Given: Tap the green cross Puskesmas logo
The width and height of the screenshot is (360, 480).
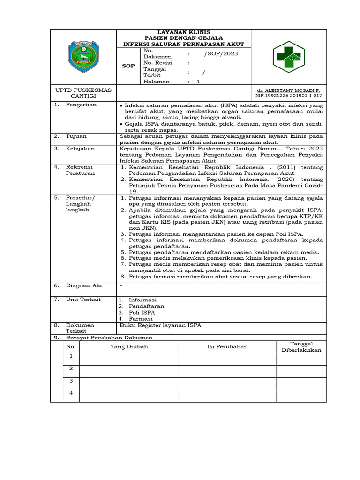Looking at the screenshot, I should pos(289,57).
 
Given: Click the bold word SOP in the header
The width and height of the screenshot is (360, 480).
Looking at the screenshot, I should pos(128,66).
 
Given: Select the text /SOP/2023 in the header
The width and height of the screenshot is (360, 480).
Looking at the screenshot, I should pos(221,53).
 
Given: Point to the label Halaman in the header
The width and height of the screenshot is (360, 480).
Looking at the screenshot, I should pos(157,81).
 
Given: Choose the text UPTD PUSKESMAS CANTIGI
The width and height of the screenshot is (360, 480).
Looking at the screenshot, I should pos(83,93).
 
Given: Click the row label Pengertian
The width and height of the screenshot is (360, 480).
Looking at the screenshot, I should pos(81,105).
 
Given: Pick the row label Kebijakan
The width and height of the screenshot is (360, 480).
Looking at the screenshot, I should pos(80,148).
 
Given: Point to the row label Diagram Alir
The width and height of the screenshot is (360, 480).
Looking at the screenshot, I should pos(84,285).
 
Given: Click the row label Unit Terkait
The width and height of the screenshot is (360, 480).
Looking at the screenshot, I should pos(83,300).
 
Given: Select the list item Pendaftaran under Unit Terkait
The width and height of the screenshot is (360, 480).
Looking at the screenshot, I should pos(146,306).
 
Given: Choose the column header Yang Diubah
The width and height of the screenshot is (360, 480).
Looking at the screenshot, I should pos(129,346).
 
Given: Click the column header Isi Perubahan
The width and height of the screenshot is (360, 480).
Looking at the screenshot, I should pos(227,346).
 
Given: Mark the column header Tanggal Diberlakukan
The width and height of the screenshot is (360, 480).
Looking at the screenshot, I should pos(301,347).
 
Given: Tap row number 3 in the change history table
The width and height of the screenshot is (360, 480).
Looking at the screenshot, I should pos(71,381).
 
